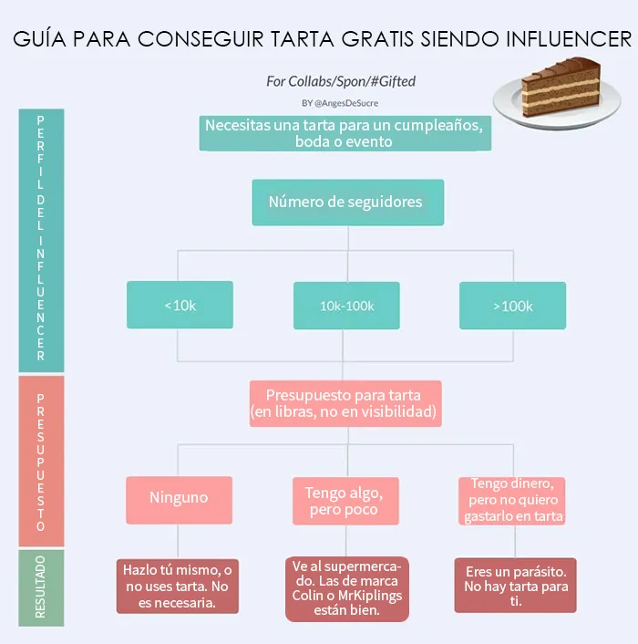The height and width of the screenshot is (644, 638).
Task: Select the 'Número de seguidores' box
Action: coord(348,203)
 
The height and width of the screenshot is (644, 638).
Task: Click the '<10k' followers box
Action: coord(180,305)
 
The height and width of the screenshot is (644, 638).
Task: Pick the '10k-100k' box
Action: coord(346,306)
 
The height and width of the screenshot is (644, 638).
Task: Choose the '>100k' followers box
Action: coord(513,306)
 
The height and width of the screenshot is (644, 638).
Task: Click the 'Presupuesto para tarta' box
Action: coord(345,404)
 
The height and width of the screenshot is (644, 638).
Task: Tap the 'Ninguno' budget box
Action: coord(179,500)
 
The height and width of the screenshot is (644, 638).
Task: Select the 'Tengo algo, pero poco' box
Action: coord(345,501)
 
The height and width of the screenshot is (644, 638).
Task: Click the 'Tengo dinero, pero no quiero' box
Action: coord(511,501)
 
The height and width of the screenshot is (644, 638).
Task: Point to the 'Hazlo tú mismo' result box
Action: coord(177,587)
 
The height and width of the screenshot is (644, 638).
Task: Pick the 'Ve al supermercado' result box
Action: coord(347,589)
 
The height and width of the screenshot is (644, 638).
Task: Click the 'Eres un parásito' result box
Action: coord(515,586)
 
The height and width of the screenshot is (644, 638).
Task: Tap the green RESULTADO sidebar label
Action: coord(41,587)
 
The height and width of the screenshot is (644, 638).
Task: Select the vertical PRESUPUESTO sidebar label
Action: coord(41,462)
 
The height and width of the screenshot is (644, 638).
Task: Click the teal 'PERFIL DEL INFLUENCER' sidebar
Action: coord(41,240)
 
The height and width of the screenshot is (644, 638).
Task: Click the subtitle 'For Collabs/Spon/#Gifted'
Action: coord(341,81)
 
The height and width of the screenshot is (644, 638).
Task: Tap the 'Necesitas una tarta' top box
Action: coord(345,133)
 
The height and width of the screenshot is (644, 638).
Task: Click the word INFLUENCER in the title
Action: coord(569,39)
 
